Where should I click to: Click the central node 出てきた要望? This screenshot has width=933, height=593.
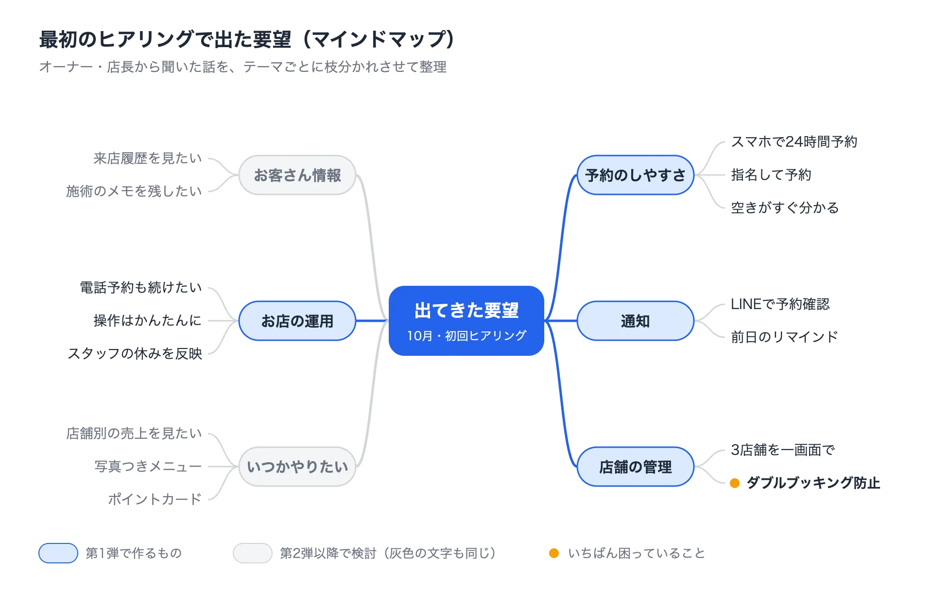[466, 321]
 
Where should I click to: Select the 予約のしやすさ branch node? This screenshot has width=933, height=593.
[635, 175]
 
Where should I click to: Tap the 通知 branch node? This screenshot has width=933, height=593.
[635, 321]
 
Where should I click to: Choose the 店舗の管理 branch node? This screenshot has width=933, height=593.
[635, 467]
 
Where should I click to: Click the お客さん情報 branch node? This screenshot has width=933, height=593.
[297, 175]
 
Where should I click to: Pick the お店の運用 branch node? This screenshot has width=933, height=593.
[297, 321]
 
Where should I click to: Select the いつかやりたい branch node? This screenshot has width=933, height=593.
[297, 467]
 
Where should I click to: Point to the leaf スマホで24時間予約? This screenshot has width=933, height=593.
[794, 142]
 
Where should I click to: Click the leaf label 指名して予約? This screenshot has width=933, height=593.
[771, 175]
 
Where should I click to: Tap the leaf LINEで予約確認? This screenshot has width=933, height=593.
[780, 304]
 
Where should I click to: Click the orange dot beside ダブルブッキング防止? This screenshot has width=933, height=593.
[735, 483]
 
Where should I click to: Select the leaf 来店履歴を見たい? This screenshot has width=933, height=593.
[148, 158]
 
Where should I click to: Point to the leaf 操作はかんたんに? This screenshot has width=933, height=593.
[148, 321]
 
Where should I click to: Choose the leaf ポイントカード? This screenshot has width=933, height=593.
[155, 500]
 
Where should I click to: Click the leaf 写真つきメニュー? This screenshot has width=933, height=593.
[148, 467]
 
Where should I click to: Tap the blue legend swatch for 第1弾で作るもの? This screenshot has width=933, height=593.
[58, 553]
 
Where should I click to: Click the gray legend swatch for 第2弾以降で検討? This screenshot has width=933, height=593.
[253, 553]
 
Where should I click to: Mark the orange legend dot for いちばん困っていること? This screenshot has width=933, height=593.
[554, 553]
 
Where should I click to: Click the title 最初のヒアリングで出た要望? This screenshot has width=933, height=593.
[165, 39]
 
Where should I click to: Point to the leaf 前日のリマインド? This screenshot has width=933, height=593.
[785, 337]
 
